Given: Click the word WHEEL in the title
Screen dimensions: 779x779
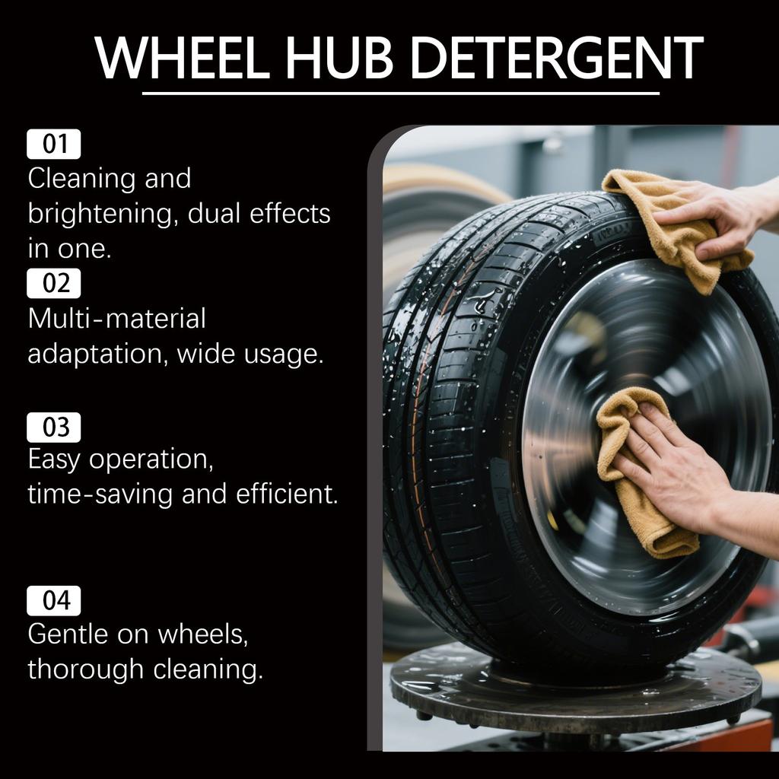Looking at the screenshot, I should pos(183,58).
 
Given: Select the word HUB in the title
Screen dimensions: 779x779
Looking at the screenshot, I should pos(343,58).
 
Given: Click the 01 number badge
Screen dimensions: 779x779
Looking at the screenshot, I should pos(54,144).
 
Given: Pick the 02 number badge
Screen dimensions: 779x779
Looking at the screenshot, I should pos(54,283).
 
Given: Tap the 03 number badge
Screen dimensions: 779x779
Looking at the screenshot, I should pos(54,428).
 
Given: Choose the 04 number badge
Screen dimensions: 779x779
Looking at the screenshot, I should pos(54,601).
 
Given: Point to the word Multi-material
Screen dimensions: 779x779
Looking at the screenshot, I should pos(116,318).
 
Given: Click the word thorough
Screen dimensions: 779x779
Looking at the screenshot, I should pos(85,669).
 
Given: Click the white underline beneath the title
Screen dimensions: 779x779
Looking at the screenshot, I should pos(400,94).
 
